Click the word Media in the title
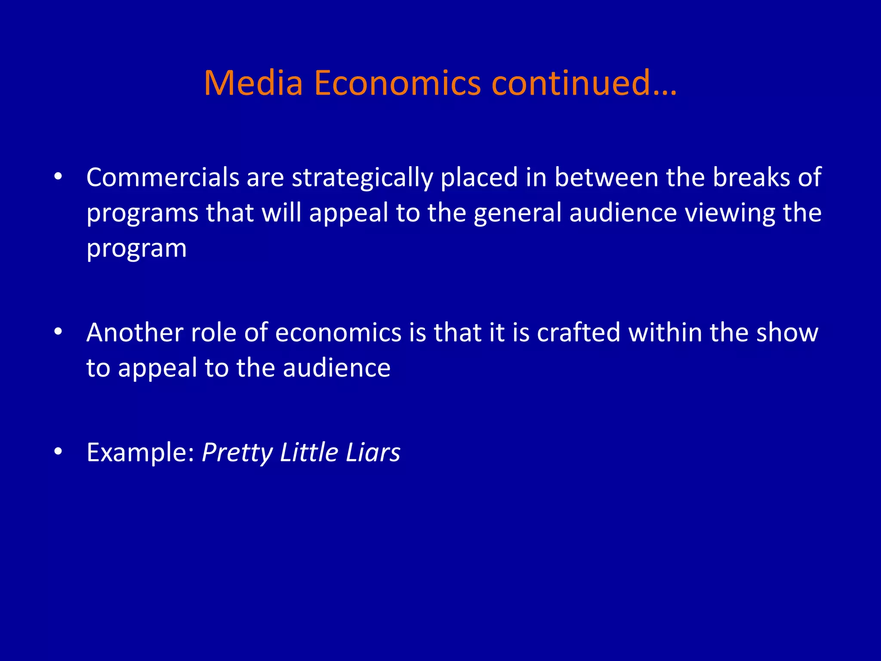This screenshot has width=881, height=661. pyautogui.click(x=253, y=83)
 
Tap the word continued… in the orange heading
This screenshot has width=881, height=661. pyautogui.click(x=584, y=83)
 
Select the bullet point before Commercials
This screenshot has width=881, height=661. pyautogui.click(x=59, y=176)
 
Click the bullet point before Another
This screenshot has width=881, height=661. pyautogui.click(x=59, y=332)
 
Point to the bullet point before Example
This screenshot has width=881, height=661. pyautogui.click(x=59, y=451)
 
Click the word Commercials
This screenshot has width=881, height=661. pyautogui.click(x=163, y=177)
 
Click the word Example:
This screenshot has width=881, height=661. pyautogui.click(x=141, y=453)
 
